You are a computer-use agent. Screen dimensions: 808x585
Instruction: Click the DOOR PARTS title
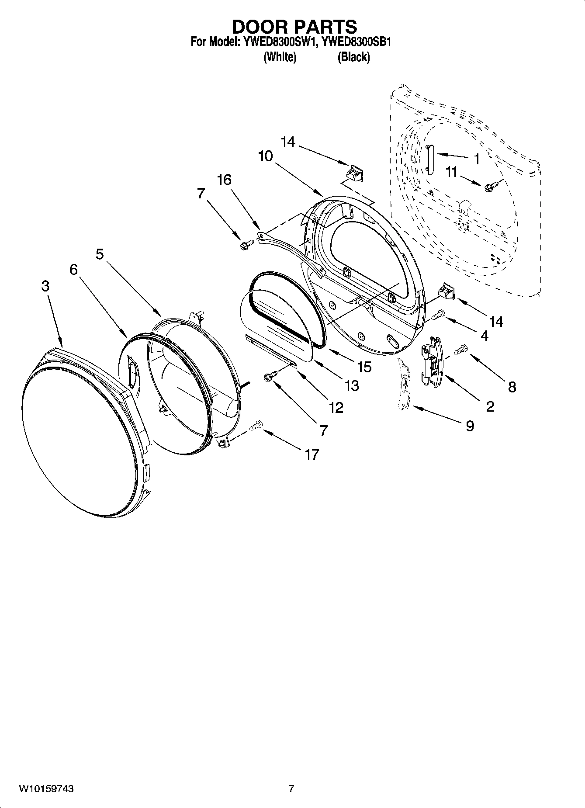pos(294,27)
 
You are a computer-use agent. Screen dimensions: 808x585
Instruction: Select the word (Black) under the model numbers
pos(353,57)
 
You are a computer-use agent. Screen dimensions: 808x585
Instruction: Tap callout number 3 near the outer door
pos(45,286)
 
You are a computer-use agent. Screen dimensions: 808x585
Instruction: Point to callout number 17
pos(312,454)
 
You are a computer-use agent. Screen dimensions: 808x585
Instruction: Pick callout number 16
pos(224,180)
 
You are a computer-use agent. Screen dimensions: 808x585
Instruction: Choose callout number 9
pos(470,425)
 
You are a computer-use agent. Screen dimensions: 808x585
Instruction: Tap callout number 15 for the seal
pos(364,366)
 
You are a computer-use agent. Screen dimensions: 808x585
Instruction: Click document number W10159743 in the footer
pos(46,789)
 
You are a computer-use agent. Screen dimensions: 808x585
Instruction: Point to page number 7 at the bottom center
pos(292,789)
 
